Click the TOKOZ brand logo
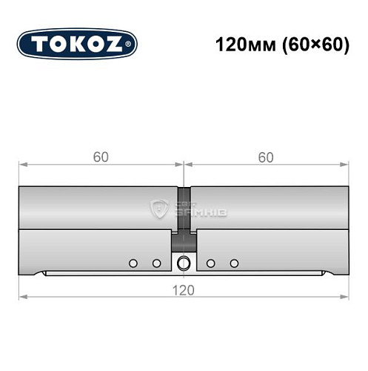(76, 45)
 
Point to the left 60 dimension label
(100, 157)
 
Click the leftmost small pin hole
(133, 263)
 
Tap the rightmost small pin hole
(235, 263)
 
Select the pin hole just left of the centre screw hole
(156, 263)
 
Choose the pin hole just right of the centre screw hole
(211, 263)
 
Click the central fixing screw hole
(184, 261)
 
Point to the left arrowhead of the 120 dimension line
(22, 297)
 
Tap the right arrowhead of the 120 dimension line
(345, 297)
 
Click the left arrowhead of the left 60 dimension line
(22, 164)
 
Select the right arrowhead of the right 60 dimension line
(345, 164)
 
